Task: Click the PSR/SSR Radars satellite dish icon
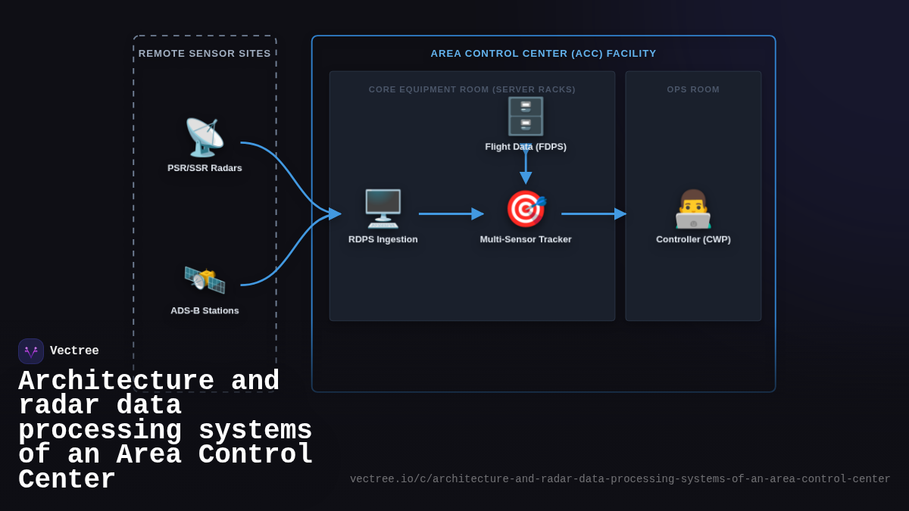click(x=205, y=138)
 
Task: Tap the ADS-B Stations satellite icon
click(x=205, y=280)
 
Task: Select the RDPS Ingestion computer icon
click(x=383, y=209)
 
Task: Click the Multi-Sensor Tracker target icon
click(x=526, y=209)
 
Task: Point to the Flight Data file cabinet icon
click(x=526, y=116)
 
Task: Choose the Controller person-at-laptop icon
click(x=693, y=209)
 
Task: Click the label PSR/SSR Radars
click(x=205, y=168)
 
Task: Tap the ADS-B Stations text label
click(x=205, y=310)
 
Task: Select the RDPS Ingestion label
click(x=383, y=239)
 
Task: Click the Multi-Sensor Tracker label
click(x=526, y=239)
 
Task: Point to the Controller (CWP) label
click(x=693, y=239)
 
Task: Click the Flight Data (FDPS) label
click(x=526, y=147)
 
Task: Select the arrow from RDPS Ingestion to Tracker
click(x=451, y=213)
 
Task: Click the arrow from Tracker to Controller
click(x=593, y=213)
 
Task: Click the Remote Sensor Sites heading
click(x=205, y=54)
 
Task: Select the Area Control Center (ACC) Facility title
click(x=543, y=54)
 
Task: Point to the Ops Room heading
click(x=693, y=89)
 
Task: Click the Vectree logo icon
click(x=31, y=351)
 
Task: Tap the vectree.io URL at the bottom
click(x=620, y=479)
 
